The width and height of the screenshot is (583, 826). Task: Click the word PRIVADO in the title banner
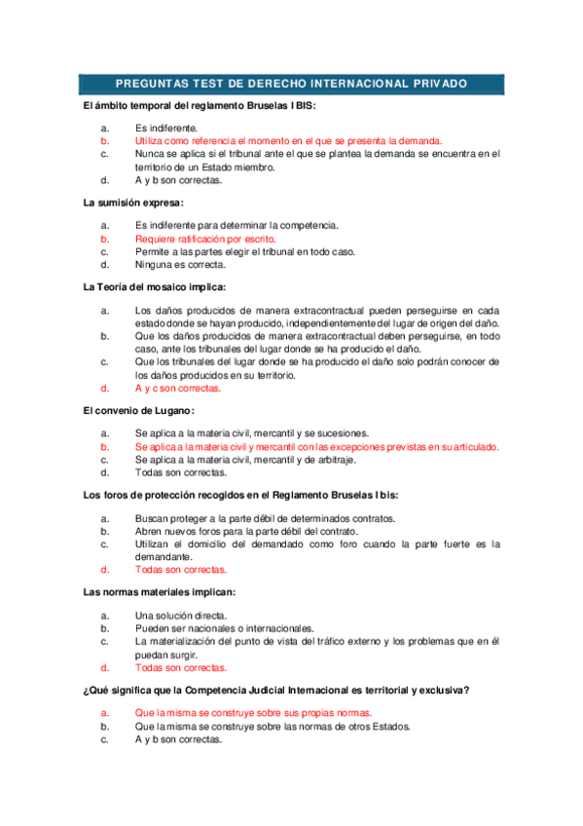click(x=434, y=84)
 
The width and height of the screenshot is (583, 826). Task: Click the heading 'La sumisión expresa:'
click(x=133, y=203)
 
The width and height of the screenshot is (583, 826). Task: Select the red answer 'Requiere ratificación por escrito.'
click(x=205, y=239)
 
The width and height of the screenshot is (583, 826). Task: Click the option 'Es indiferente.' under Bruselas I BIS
click(x=166, y=128)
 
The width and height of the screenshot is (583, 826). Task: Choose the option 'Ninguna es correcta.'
click(x=180, y=264)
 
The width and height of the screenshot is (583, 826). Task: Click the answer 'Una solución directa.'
click(x=181, y=616)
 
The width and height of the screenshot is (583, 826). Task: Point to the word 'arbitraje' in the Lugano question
click(x=334, y=460)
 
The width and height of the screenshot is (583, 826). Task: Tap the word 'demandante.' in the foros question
click(x=164, y=557)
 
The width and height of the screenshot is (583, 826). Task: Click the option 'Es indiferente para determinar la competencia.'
click(x=237, y=226)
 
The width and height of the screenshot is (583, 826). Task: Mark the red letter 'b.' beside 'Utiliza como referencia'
click(x=104, y=140)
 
